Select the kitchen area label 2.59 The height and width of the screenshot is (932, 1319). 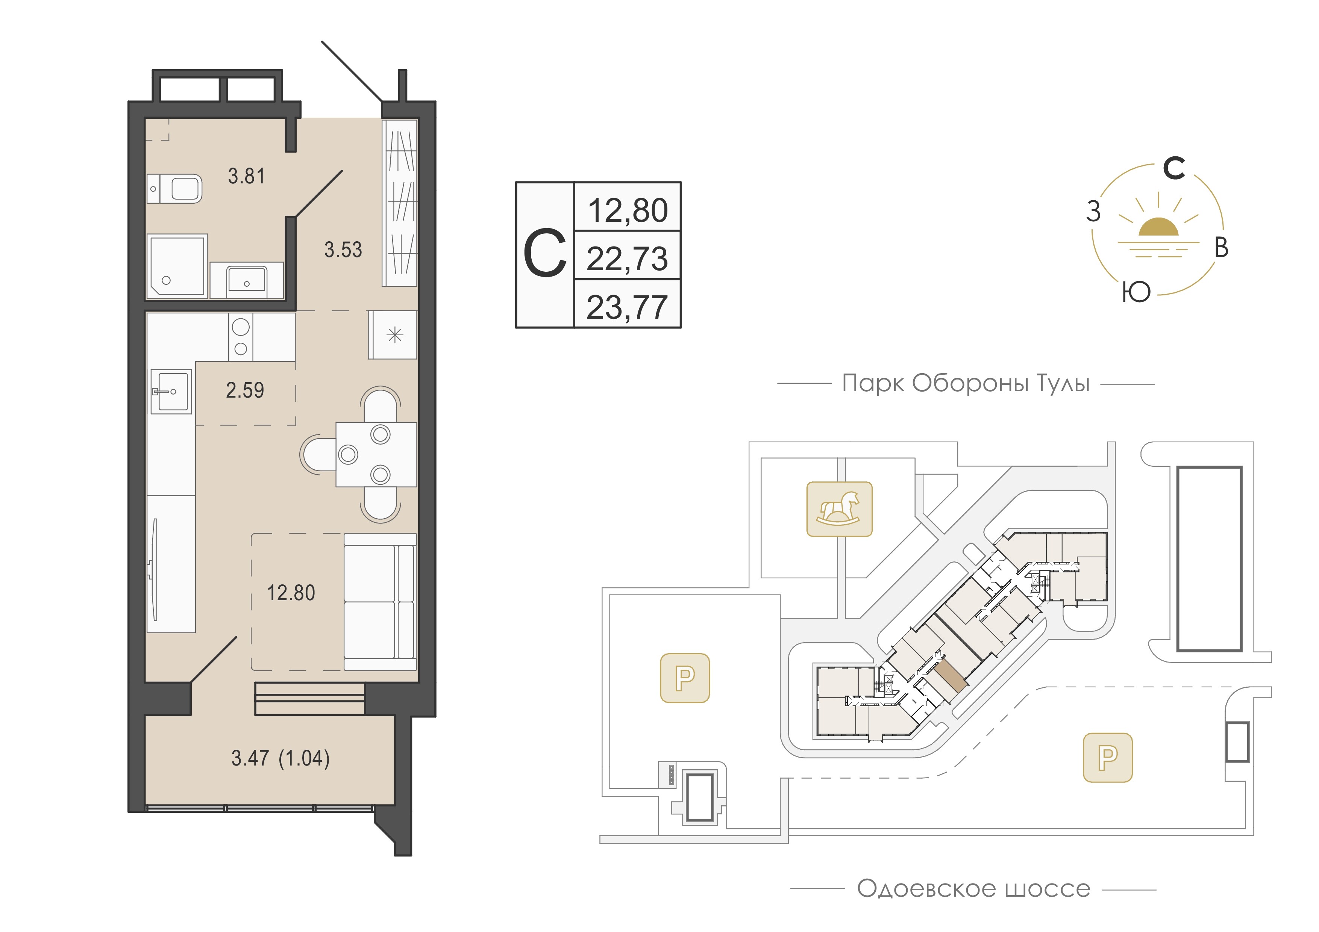point(245,390)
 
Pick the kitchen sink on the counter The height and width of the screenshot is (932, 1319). point(171,392)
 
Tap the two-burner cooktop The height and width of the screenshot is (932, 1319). point(241,337)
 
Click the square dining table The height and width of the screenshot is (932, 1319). point(376,455)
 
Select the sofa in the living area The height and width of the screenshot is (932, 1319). point(380,602)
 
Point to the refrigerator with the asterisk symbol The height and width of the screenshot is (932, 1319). point(393,335)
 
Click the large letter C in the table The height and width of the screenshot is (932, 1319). point(544,254)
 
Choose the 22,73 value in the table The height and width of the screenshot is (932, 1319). point(627,259)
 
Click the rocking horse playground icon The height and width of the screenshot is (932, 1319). point(839,509)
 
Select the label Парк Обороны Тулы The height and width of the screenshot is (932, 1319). point(966,383)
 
